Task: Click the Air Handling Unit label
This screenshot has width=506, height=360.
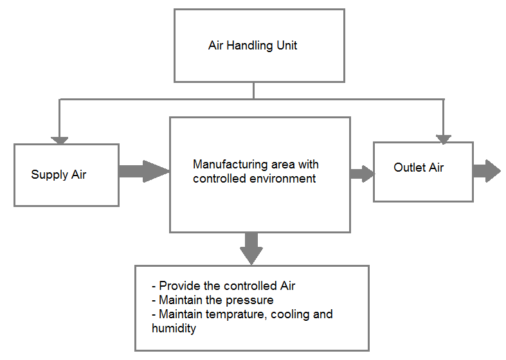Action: [x=253, y=46]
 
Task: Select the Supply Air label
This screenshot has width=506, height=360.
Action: [x=59, y=175]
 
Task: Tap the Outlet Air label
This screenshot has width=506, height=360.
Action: [x=419, y=168]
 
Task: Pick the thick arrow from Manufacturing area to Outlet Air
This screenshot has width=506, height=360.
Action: [x=362, y=173]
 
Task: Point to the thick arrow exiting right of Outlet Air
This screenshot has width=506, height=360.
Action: [x=486, y=170]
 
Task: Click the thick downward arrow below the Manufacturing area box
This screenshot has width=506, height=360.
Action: [x=251, y=248]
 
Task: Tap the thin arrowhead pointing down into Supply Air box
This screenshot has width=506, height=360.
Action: [x=60, y=139]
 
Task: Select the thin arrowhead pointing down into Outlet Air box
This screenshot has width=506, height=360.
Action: [x=444, y=138]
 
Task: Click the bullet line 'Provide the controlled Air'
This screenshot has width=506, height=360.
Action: [x=223, y=286]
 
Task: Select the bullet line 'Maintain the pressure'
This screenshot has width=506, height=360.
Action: [x=212, y=300]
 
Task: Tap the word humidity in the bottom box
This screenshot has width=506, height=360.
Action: [x=174, y=328]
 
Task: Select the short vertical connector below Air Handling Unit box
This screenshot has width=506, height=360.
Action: [x=253, y=91]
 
